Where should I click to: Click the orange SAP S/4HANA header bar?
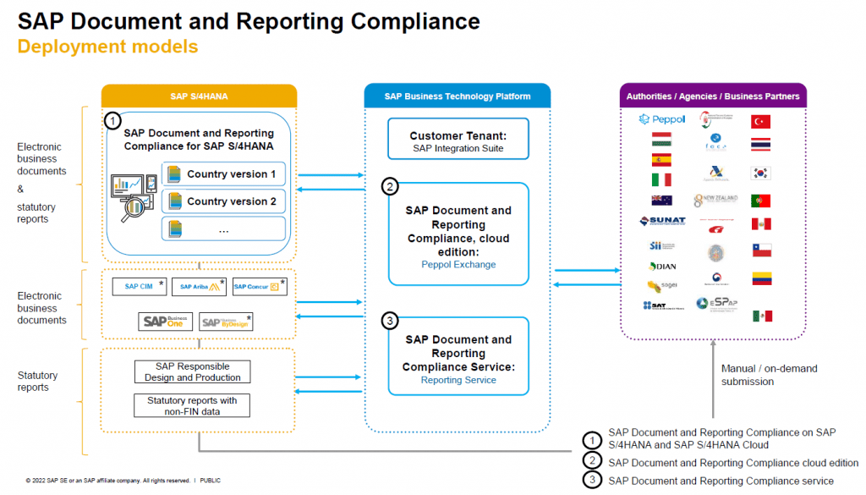(199, 96)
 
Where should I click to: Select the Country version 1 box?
(223, 174)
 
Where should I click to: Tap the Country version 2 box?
(223, 201)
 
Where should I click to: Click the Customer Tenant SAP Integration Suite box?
(458, 141)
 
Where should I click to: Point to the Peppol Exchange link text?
(458, 264)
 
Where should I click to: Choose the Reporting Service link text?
(458, 380)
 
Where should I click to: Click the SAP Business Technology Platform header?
(458, 96)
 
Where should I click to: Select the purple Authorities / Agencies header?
(712, 96)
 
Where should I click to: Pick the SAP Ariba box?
(200, 287)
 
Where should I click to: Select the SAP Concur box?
(259, 287)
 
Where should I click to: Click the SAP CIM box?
(139, 287)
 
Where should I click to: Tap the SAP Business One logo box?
(166, 322)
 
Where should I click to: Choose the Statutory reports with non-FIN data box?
(192, 405)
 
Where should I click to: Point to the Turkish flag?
(761, 122)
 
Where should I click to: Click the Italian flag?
(660, 179)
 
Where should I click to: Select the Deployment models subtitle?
(107, 47)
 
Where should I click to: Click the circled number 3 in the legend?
(592, 480)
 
